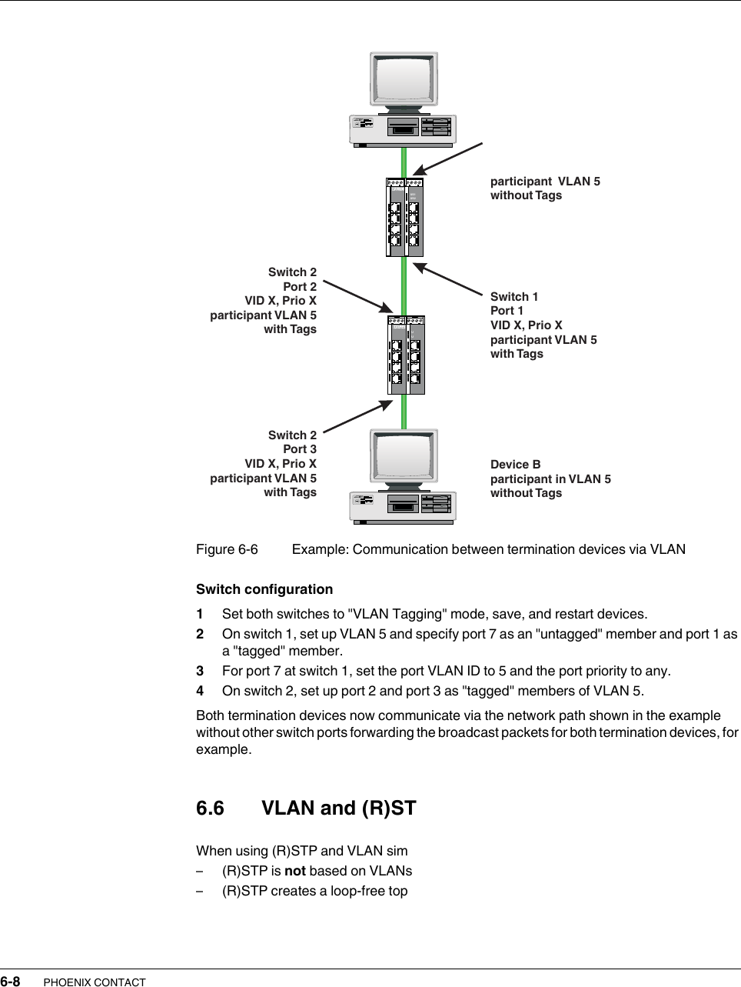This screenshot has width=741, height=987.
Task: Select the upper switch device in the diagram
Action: coord(404,218)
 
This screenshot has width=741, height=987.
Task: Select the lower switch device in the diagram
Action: coord(405,355)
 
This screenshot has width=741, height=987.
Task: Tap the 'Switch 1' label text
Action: coord(514,297)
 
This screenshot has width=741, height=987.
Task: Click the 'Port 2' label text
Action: coord(300,286)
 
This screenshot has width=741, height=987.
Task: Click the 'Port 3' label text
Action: coord(300,449)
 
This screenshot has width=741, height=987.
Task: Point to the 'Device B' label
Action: coord(515,465)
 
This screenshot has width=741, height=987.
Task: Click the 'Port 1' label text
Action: coord(507,311)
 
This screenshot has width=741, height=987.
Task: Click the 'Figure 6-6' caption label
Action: coord(227,549)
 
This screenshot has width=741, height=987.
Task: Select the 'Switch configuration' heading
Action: coord(264,589)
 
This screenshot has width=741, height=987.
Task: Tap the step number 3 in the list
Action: coord(200,671)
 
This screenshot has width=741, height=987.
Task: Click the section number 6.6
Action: coord(210,809)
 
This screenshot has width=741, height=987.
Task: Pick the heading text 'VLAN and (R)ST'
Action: coord(338,809)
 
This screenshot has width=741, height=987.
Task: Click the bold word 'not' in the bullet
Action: coord(295,871)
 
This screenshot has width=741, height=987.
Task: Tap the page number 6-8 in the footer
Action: coord(10,982)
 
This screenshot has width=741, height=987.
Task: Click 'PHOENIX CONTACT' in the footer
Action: coord(95,982)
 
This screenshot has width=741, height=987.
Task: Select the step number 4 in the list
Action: coord(200,691)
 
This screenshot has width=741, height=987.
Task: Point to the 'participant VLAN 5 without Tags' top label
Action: coord(545,188)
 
